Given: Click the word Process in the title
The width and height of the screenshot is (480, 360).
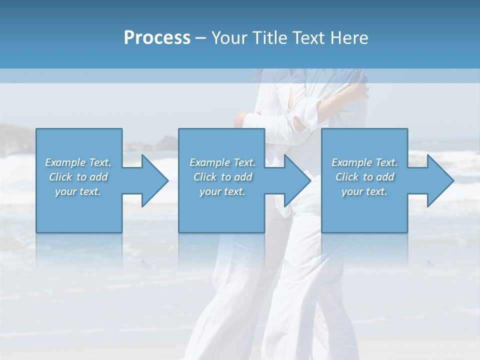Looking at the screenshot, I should (157, 38).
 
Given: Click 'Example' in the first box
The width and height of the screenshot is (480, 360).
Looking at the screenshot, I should (65, 162).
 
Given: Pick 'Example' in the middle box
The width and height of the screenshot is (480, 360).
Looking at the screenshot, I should (209, 162).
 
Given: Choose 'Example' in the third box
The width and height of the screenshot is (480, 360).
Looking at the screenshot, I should (351, 162).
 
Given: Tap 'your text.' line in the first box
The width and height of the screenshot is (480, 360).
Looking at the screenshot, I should (78, 191).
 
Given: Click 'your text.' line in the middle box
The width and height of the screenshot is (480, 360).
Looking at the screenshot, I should (222, 191).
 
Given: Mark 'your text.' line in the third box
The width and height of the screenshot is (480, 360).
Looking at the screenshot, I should (364, 191).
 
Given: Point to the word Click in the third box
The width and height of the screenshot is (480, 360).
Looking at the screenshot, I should (347, 177).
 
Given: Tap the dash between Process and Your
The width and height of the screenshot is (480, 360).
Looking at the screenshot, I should (201, 38).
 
